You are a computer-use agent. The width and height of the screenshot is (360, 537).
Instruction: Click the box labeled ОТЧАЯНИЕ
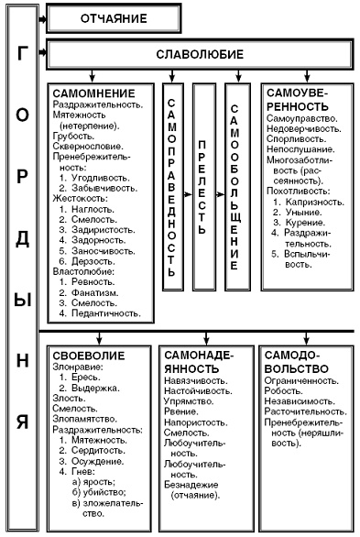coord(110,17)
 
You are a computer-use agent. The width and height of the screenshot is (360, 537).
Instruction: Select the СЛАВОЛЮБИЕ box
coord(200,55)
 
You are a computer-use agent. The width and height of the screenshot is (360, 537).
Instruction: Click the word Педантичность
coord(111,313)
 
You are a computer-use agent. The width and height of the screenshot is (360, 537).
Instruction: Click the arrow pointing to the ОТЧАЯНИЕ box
coord(39,17)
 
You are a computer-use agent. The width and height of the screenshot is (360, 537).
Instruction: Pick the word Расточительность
coord(302,412)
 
